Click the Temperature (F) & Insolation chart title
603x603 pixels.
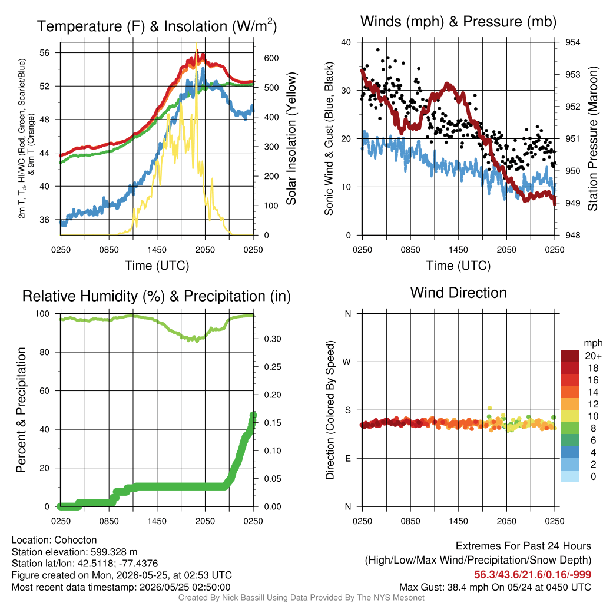157,26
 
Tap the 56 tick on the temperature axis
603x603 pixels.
44,52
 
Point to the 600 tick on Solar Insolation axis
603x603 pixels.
271,58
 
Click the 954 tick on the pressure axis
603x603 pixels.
572,42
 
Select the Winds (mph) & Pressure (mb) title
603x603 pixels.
458,22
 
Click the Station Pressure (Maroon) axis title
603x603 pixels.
592,138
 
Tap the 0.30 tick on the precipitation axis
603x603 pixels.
272,339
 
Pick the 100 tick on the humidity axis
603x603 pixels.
42,313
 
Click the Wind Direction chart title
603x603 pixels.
458,293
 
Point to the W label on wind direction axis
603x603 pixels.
347,362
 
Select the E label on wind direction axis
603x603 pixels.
348,458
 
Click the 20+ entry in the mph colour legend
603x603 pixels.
592,356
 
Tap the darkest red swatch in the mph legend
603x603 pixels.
570,356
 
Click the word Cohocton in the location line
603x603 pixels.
75,540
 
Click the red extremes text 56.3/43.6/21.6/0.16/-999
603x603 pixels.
532,575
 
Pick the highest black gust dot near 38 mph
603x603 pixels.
378,50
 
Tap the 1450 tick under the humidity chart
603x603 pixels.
157,521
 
